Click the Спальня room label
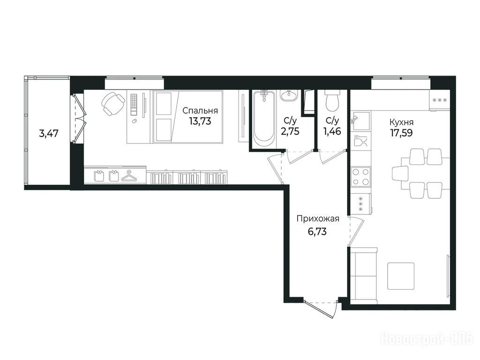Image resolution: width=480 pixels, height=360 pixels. pos(200,111)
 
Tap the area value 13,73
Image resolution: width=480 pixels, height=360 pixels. pos(200,121)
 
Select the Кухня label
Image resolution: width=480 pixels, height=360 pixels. pos(401,122)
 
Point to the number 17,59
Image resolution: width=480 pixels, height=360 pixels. pos(401,133)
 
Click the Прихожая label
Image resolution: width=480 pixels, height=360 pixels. pos(318,219)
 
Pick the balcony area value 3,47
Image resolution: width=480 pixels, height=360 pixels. pos(49,134)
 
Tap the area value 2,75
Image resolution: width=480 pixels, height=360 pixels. pos(290,131)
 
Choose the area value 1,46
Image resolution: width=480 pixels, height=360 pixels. pos(332,131)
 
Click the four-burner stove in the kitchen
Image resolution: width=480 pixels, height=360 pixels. pos(360,177)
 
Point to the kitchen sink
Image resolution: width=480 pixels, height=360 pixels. pos(360,122)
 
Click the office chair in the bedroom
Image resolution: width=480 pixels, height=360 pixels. pos(112,104)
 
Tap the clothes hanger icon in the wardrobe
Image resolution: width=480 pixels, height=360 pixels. pos(129,177)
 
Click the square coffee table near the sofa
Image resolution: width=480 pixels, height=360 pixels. pos(401,276)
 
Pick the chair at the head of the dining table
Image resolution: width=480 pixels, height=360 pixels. pos(400,173)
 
